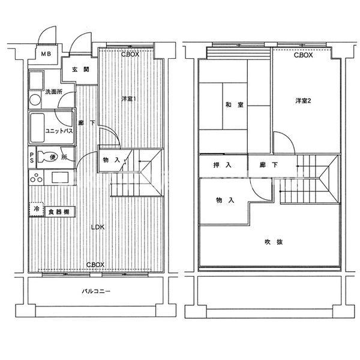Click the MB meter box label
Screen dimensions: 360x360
coord(46,54)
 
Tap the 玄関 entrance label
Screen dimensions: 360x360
coord(81,70)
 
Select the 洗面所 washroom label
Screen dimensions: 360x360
coord(53,92)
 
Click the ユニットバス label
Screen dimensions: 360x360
coord(59,131)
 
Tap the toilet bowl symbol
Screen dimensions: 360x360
coord(47,157)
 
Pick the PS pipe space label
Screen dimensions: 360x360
coord(32,157)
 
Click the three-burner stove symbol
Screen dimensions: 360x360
coord(36,178)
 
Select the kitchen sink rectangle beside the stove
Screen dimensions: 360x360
coord(60,178)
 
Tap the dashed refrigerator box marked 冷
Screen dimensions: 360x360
coord(36,209)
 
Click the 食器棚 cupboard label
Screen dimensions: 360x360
coord(59,212)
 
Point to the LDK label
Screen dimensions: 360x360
coord(98,227)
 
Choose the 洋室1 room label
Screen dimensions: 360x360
coord(129,99)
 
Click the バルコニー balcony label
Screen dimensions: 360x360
coord(96,292)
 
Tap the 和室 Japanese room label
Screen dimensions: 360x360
coord(235,104)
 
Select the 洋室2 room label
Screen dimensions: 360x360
coord(303,101)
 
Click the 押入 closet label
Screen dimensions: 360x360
coord(222,165)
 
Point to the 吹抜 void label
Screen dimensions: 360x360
coord(274,242)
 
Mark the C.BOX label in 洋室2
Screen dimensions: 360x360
coord(303,55)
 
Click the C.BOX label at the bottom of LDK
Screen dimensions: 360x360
coord(95,265)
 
